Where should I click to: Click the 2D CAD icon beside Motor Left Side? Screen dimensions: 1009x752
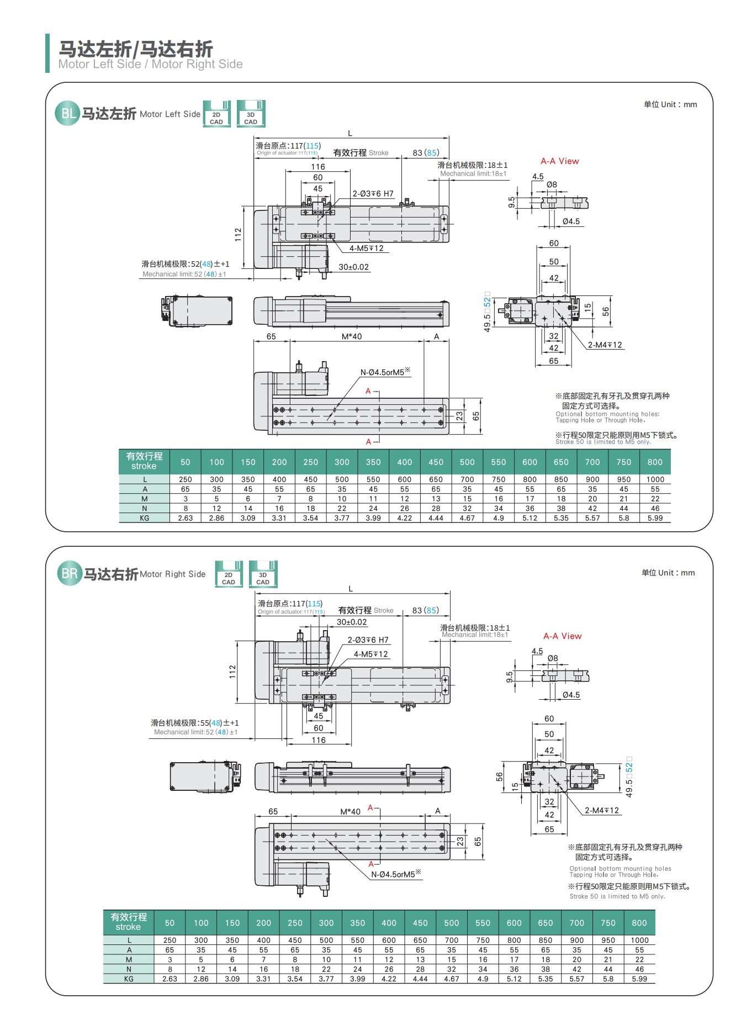click(x=216, y=114)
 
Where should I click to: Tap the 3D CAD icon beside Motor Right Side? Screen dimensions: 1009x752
click(x=263, y=574)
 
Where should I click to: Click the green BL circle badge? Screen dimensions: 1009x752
click(x=67, y=114)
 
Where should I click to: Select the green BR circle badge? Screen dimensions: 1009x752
click(x=70, y=574)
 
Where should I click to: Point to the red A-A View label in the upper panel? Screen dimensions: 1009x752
click(x=559, y=161)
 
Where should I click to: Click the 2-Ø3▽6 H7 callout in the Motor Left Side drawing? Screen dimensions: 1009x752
click(x=373, y=194)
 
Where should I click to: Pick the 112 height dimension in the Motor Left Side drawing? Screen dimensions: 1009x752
click(x=238, y=235)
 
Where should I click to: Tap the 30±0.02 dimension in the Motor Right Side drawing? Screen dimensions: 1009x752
click(x=352, y=622)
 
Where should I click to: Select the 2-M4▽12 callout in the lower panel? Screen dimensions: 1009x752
click(x=602, y=810)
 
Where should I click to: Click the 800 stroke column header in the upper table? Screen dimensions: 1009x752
click(x=655, y=462)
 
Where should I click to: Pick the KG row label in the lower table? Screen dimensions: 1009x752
click(x=129, y=979)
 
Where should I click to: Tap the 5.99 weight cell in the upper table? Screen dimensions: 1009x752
click(x=655, y=518)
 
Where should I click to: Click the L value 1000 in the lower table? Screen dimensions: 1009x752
click(x=639, y=940)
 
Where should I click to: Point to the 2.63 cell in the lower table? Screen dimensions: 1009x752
click(x=170, y=979)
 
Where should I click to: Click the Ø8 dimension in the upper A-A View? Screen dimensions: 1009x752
click(x=552, y=184)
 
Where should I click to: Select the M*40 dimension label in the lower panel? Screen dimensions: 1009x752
click(x=350, y=811)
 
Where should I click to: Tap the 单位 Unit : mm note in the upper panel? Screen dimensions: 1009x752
click(x=670, y=104)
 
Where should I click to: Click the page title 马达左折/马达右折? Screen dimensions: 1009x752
click(x=136, y=49)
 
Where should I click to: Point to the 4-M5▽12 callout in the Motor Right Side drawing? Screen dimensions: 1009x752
click(x=370, y=654)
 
